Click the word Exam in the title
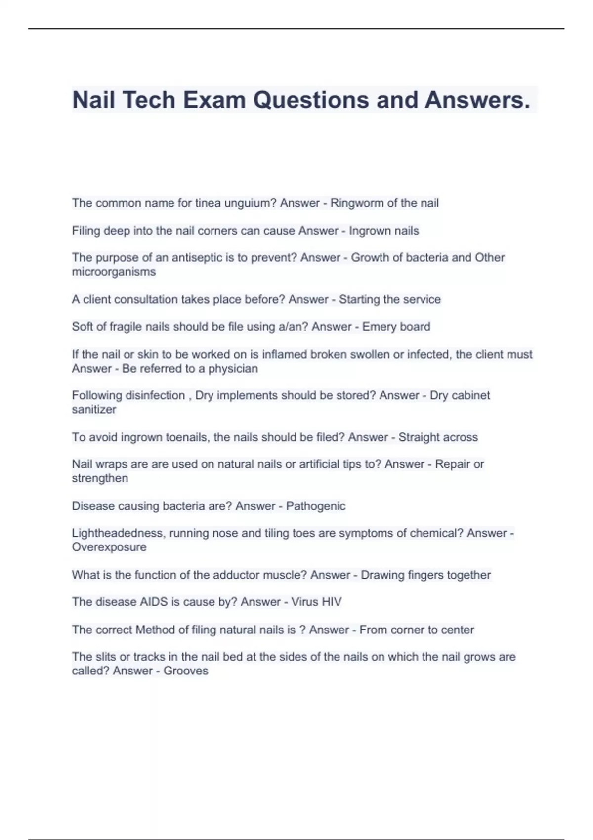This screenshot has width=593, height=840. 214,100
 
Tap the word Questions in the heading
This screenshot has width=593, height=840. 311,100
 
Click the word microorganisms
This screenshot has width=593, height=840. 114,272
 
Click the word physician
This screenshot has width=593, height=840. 233,369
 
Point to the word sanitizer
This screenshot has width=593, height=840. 94,410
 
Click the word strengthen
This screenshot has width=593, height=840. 100,478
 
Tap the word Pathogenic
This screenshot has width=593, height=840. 316,506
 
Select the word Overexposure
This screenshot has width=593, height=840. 109,547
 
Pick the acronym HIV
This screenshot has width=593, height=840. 331,602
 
